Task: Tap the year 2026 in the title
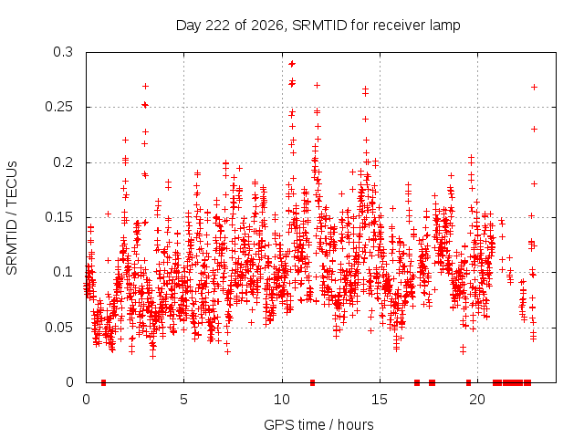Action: (x=267, y=26)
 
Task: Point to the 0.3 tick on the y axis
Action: (x=63, y=52)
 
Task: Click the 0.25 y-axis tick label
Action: (x=58, y=107)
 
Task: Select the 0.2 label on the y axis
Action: (x=63, y=162)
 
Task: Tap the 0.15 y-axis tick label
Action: (x=58, y=217)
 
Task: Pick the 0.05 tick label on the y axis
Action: (x=58, y=328)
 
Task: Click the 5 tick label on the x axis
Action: (x=183, y=400)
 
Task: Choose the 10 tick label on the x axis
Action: (x=282, y=400)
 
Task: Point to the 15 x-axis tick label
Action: (x=380, y=400)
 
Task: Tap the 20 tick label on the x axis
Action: (x=477, y=400)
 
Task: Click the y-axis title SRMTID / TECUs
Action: (x=12, y=218)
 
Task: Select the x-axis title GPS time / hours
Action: (x=318, y=425)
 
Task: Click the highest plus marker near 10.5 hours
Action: (x=292, y=64)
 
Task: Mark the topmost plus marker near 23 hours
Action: (x=534, y=88)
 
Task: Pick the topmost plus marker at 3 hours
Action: (x=146, y=87)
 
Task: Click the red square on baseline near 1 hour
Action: (x=103, y=382)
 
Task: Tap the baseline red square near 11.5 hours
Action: (x=312, y=382)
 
